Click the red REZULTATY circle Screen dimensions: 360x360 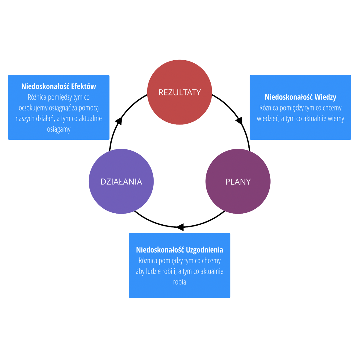click(179, 92)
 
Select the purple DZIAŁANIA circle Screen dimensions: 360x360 click(121, 181)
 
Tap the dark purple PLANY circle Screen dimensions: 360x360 click(238, 181)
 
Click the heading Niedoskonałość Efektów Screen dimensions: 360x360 click(59, 86)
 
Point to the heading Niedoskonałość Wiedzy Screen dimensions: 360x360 click(300, 97)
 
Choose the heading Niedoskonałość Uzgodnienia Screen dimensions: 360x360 click(179, 250)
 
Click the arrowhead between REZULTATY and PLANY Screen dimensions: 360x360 click(239, 121)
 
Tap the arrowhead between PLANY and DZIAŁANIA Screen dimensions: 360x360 click(180, 227)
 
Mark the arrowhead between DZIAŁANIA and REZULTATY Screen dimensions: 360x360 click(119, 121)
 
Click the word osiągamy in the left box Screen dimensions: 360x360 click(59, 129)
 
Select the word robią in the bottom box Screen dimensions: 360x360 click(179, 282)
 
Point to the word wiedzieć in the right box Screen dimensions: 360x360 click(268, 118)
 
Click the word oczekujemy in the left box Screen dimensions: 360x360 click(33, 108)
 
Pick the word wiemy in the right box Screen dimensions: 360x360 click(336, 118)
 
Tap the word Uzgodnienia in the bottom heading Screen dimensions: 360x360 click(204, 250)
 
